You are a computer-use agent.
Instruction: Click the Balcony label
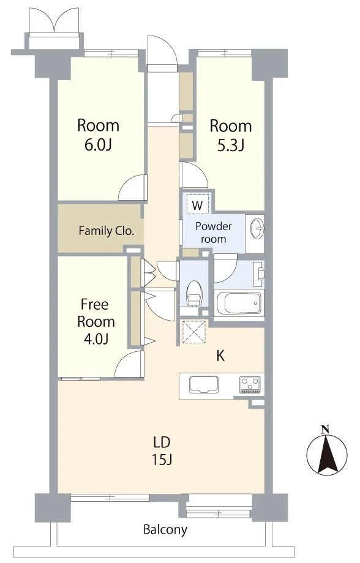165,529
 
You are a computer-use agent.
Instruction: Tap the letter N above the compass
325,429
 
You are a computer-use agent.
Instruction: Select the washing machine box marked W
197,204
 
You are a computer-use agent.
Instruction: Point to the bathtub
239,304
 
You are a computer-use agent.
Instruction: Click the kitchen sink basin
204,385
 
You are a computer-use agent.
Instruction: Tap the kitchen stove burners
250,384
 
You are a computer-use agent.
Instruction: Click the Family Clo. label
107,230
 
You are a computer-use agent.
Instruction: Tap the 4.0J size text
96,338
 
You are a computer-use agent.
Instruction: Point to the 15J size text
162,459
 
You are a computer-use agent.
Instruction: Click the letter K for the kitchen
220,356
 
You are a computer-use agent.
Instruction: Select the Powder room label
214,233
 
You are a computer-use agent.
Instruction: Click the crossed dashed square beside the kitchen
194,332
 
